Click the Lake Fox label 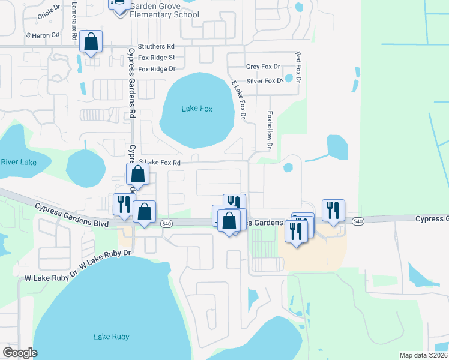pos(197,109)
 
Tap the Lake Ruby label pos(110,337)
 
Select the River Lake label pos(18,162)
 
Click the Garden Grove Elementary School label pos(164,9)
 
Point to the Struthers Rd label pos(156,46)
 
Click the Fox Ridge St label pos(157,58)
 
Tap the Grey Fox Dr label pos(263,67)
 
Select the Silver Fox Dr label pos(264,80)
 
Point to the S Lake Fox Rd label pos(160,162)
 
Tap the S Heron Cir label pos(43,35)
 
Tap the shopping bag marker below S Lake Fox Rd pos(138,175)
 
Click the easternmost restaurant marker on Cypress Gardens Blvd pos(333,211)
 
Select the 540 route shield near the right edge pos(358,221)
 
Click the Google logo pos(20,353)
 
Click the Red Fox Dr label pos(297,67)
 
